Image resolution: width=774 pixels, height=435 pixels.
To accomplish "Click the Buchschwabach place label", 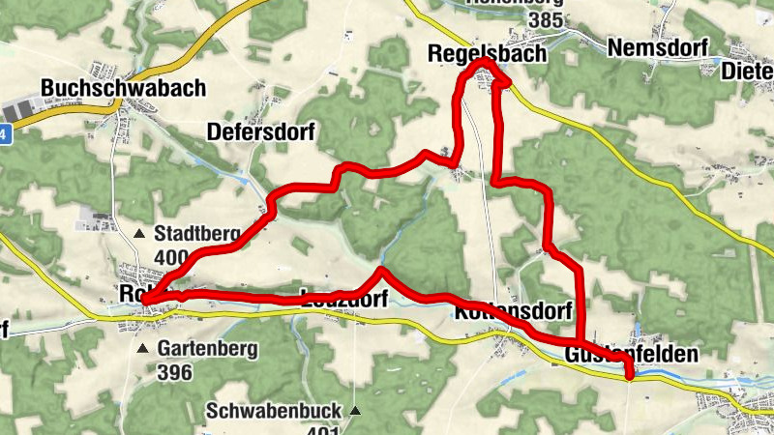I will [123, 88].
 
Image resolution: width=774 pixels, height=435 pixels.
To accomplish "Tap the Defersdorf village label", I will [261, 130].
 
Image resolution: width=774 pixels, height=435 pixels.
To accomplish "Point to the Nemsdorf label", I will [658, 47].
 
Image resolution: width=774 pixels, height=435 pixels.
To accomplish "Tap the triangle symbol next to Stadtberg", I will [140, 233].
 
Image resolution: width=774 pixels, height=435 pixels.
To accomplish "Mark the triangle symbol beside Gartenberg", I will [143, 348].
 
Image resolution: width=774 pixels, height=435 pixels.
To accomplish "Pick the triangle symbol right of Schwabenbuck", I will [355, 411].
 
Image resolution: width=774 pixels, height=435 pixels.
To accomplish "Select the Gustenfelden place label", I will [630, 355].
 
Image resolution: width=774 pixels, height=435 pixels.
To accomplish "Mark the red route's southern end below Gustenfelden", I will [629, 376].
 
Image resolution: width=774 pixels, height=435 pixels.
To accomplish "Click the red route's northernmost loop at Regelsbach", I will [482, 65].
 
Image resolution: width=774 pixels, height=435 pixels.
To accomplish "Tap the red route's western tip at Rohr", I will [146, 302].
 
